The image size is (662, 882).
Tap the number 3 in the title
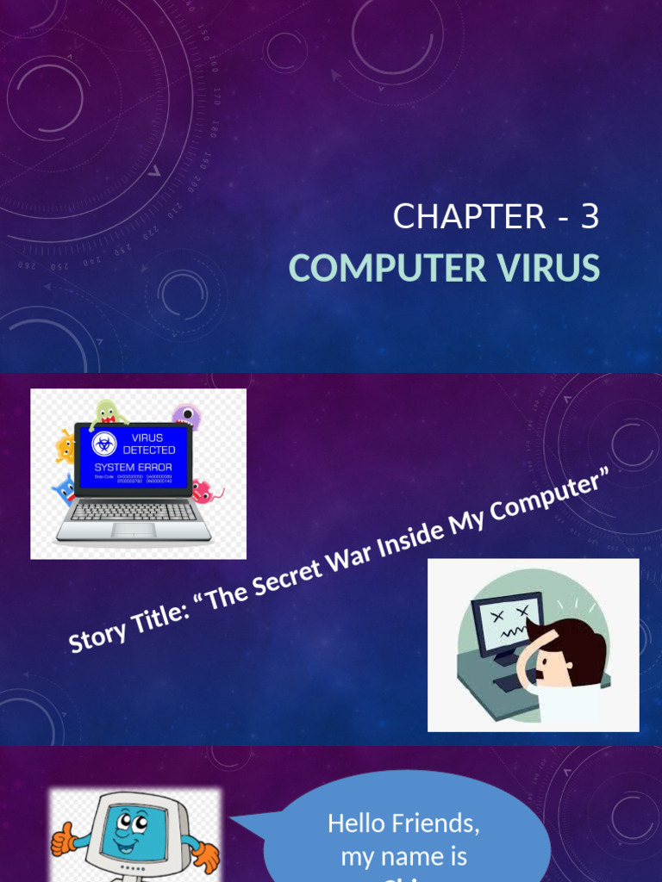590,217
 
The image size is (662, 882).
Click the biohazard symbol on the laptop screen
104,444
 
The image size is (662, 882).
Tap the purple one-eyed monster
186,417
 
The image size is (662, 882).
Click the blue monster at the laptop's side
65,490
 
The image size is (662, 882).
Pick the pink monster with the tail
203,491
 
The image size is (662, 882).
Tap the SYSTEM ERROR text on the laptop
133,468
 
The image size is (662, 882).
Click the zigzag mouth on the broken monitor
511,631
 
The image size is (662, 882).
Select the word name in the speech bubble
412,856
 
